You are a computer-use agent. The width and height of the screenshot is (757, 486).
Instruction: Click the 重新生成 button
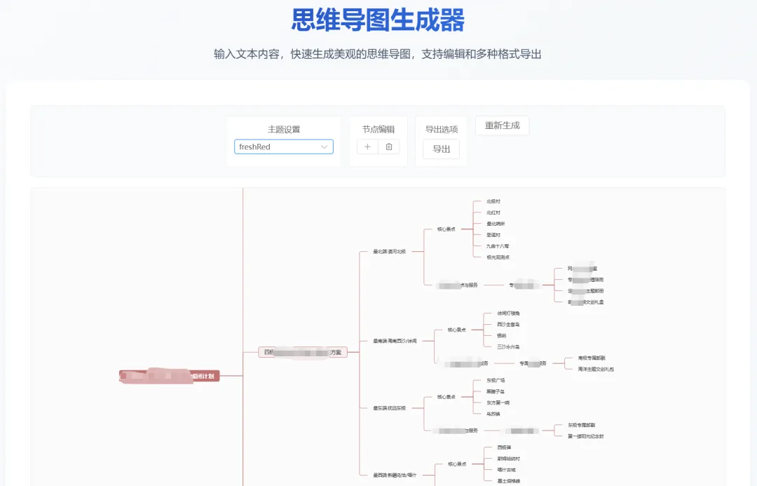coord(502,126)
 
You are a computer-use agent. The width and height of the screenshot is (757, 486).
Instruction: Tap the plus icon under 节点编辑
coord(367,147)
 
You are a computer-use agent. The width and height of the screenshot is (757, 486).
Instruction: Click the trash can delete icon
coord(389,147)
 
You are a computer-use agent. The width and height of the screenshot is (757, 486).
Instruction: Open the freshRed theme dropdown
coord(283,147)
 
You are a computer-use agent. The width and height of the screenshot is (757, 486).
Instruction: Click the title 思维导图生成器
coord(378,20)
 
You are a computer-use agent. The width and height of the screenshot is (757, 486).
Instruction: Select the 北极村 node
coord(493,201)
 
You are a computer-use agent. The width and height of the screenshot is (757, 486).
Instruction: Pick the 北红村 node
coord(493,212)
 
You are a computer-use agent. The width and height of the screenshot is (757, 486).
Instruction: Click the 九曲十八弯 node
coord(498,246)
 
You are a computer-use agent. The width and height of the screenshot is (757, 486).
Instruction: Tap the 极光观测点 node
coord(498,257)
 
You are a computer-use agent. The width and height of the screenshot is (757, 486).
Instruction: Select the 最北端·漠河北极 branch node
coord(389,251)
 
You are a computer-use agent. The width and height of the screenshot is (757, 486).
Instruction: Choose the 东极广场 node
coord(496,380)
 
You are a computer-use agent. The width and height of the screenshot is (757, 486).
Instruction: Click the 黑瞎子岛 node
coord(496,391)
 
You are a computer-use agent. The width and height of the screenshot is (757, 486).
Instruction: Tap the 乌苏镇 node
coord(493,414)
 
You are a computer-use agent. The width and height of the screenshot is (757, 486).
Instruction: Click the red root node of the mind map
coord(169,376)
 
